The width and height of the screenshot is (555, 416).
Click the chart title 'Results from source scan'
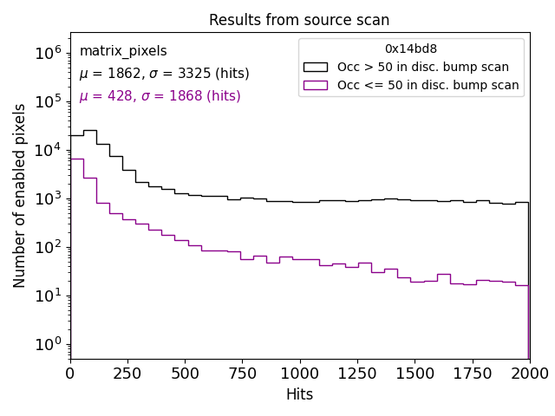(x=299, y=20)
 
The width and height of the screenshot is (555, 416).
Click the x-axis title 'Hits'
(x=299, y=395)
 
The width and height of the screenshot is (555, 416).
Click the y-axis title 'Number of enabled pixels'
(x=20, y=196)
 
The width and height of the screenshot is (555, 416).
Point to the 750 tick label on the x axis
(x=242, y=374)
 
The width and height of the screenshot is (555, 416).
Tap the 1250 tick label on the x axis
(x=356, y=374)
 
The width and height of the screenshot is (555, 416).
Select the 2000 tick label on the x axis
(x=529, y=374)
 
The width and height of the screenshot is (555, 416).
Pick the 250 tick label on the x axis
(x=127, y=374)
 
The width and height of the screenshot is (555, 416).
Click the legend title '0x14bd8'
(x=411, y=49)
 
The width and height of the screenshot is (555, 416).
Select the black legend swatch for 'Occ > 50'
(x=317, y=67)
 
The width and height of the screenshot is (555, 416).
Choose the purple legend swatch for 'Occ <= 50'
(x=317, y=85)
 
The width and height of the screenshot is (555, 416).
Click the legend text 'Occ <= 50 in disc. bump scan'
(x=428, y=85)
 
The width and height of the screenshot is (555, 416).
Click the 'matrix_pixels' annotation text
(x=123, y=51)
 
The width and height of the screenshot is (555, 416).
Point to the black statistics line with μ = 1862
(x=164, y=74)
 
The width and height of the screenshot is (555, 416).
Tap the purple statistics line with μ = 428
(x=160, y=96)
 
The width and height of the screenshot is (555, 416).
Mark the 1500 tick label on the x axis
(x=415, y=374)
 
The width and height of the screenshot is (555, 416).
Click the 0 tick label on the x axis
(x=70, y=374)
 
